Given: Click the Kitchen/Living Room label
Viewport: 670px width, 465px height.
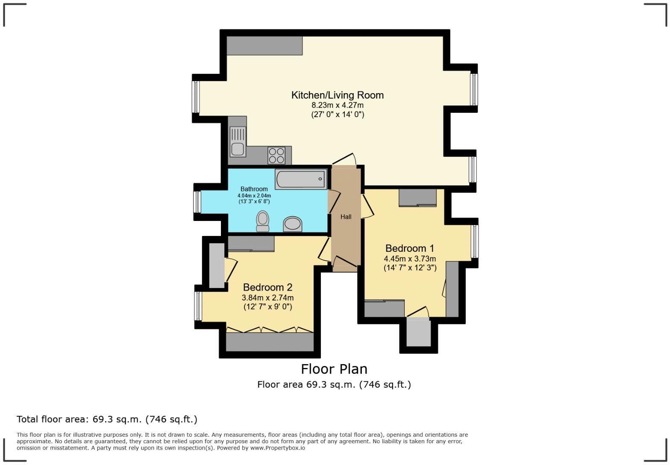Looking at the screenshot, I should (x=337, y=95).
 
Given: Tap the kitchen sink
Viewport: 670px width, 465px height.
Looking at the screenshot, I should (x=238, y=142).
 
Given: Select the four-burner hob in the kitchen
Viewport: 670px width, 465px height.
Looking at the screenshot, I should (x=276, y=155).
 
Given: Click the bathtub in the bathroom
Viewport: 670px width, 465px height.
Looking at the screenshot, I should (x=301, y=179).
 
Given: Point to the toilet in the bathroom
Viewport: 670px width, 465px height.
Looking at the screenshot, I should (x=262, y=221).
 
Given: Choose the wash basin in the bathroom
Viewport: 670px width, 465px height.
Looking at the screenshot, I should (x=293, y=224).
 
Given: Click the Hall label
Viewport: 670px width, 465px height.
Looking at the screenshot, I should (x=346, y=217).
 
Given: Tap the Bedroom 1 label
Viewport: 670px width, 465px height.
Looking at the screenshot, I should (x=409, y=248).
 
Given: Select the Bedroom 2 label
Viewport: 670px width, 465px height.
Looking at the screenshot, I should (x=267, y=287).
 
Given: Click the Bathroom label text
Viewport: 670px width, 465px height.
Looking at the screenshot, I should (x=254, y=189).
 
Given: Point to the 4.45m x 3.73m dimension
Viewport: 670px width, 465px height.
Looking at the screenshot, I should (x=409, y=259).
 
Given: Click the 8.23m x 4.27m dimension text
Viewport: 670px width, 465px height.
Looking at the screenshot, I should (x=337, y=105).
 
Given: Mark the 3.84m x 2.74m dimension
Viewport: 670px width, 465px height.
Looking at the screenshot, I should (x=267, y=298).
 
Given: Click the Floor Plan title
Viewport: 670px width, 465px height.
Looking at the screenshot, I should (x=334, y=369).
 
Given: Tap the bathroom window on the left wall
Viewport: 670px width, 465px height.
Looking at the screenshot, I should (x=197, y=202).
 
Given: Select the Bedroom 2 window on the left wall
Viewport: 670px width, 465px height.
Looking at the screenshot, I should (x=198, y=306).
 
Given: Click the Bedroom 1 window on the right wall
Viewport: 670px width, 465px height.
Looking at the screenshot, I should (x=474, y=241).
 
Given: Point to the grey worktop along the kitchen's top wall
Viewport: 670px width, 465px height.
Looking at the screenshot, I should (x=264, y=46).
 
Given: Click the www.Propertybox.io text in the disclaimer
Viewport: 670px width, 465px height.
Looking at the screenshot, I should (x=277, y=448).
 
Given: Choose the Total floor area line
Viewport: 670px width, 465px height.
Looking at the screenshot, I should (x=107, y=419).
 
